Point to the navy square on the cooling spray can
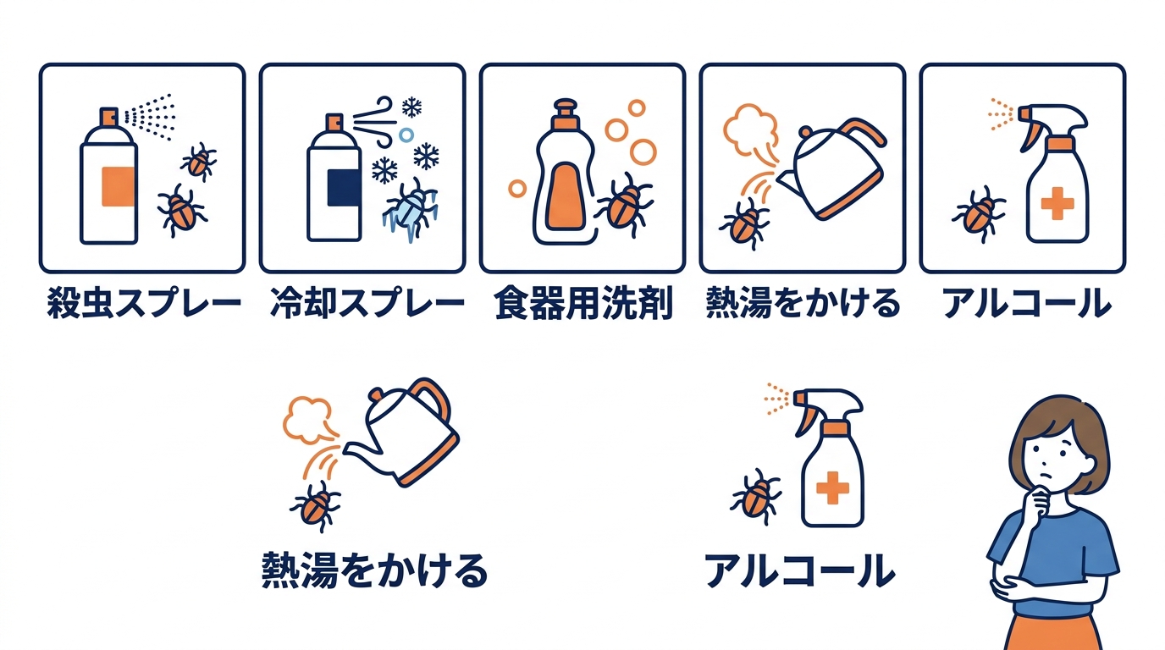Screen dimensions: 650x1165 coord(341,187)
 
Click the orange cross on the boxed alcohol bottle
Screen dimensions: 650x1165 coord(1056,204)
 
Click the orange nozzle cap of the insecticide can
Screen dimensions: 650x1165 coord(109,117)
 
